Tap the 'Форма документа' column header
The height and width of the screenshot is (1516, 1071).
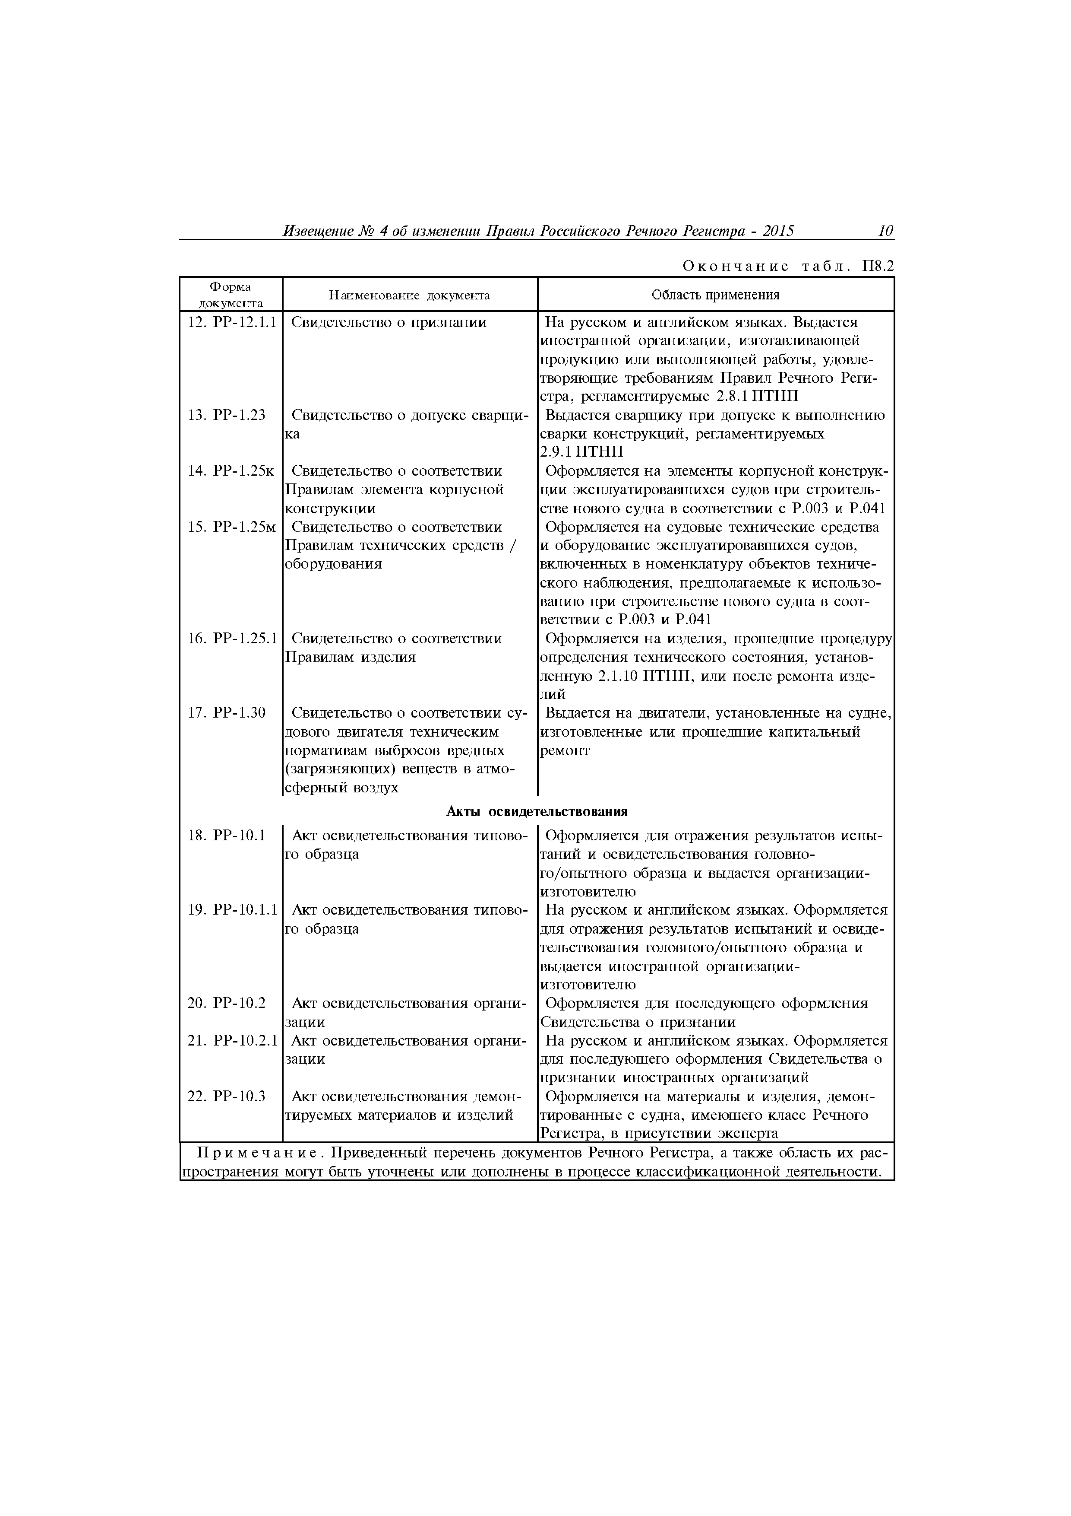(230, 295)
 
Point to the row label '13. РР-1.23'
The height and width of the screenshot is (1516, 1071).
(226, 415)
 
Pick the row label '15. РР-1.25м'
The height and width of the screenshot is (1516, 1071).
(231, 527)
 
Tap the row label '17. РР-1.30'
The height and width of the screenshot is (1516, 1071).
(226, 713)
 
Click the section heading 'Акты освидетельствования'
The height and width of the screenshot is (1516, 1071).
(537, 811)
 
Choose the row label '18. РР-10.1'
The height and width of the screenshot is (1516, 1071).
(226, 836)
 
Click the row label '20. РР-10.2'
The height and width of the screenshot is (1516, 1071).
(226, 1004)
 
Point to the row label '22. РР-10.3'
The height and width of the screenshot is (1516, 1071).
(226, 1097)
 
